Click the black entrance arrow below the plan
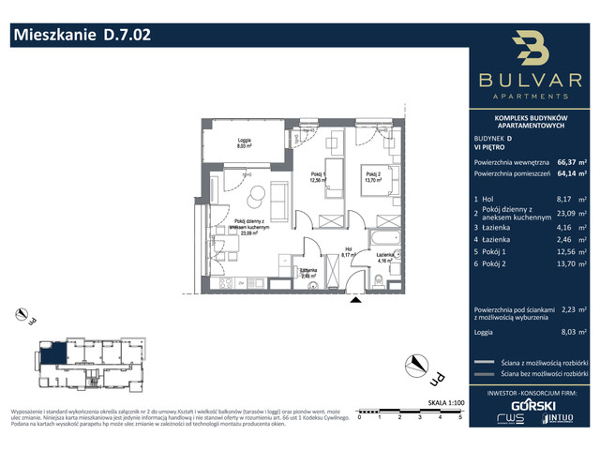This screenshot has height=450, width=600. coord(354,301)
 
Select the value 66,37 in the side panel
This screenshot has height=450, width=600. coord(567,160)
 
